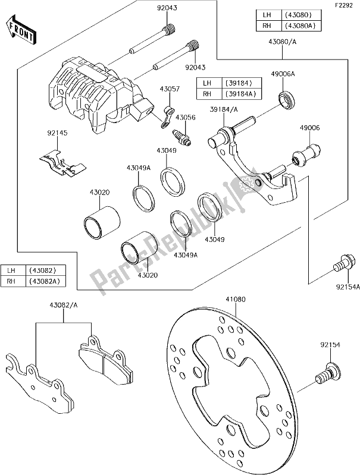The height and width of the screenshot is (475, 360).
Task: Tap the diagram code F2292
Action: (x=345, y=5)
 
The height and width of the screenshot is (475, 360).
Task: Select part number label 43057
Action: (x=169, y=89)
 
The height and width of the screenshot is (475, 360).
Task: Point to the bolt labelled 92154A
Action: (x=343, y=262)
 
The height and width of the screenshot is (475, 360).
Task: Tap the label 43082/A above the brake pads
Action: (x=63, y=306)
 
